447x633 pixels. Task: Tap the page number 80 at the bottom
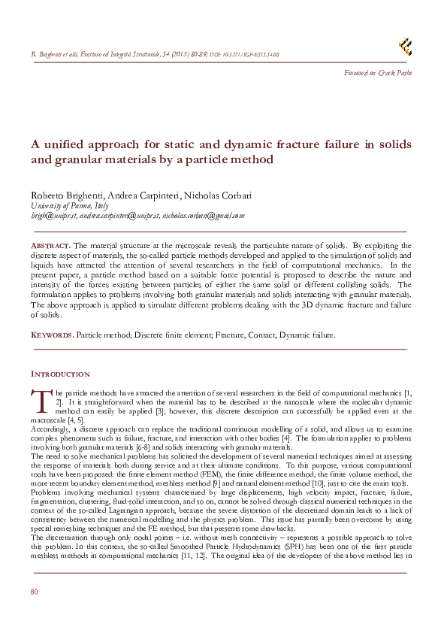(34, 592)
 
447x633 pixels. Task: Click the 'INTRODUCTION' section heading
(60, 374)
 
